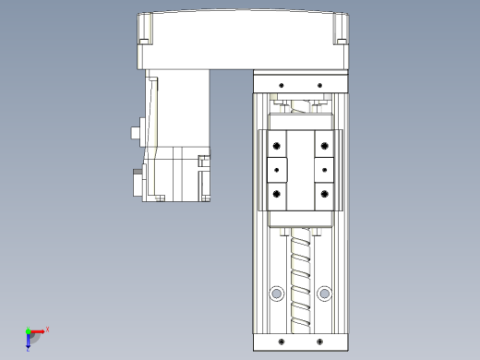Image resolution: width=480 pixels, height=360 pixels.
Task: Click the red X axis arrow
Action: (38, 330)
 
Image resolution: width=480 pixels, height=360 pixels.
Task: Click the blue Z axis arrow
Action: (30, 342)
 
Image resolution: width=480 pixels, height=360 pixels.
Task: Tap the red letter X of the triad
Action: (47, 329)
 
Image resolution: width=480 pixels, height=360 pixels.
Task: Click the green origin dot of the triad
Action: (28, 330)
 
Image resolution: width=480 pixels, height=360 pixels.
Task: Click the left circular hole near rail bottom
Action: (275, 294)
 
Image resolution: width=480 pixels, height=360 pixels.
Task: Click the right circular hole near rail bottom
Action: (324, 294)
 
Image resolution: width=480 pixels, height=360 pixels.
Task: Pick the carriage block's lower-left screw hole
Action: (275, 193)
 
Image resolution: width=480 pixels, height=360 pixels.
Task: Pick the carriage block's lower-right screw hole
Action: (324, 193)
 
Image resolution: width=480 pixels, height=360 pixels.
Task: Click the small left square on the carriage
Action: (277, 170)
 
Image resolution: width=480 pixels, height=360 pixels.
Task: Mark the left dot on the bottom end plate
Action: (278, 341)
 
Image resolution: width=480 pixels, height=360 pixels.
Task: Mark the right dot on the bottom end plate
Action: (320, 341)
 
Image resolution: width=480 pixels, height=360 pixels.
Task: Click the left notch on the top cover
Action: (144, 40)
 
